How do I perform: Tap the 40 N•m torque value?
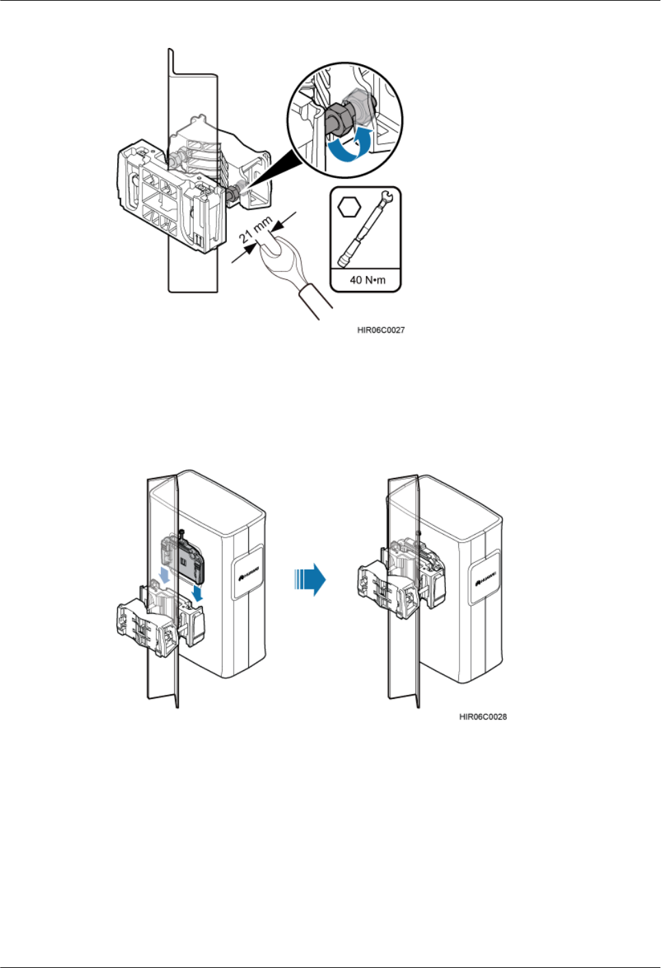[x=367, y=280]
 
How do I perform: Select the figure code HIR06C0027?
[x=381, y=330]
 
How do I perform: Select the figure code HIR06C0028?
[x=483, y=717]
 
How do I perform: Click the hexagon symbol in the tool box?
[x=349, y=206]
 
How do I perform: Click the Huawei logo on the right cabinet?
[x=486, y=576]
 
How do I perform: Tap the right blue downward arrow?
[x=197, y=593]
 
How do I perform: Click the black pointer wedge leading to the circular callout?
[x=274, y=171]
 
